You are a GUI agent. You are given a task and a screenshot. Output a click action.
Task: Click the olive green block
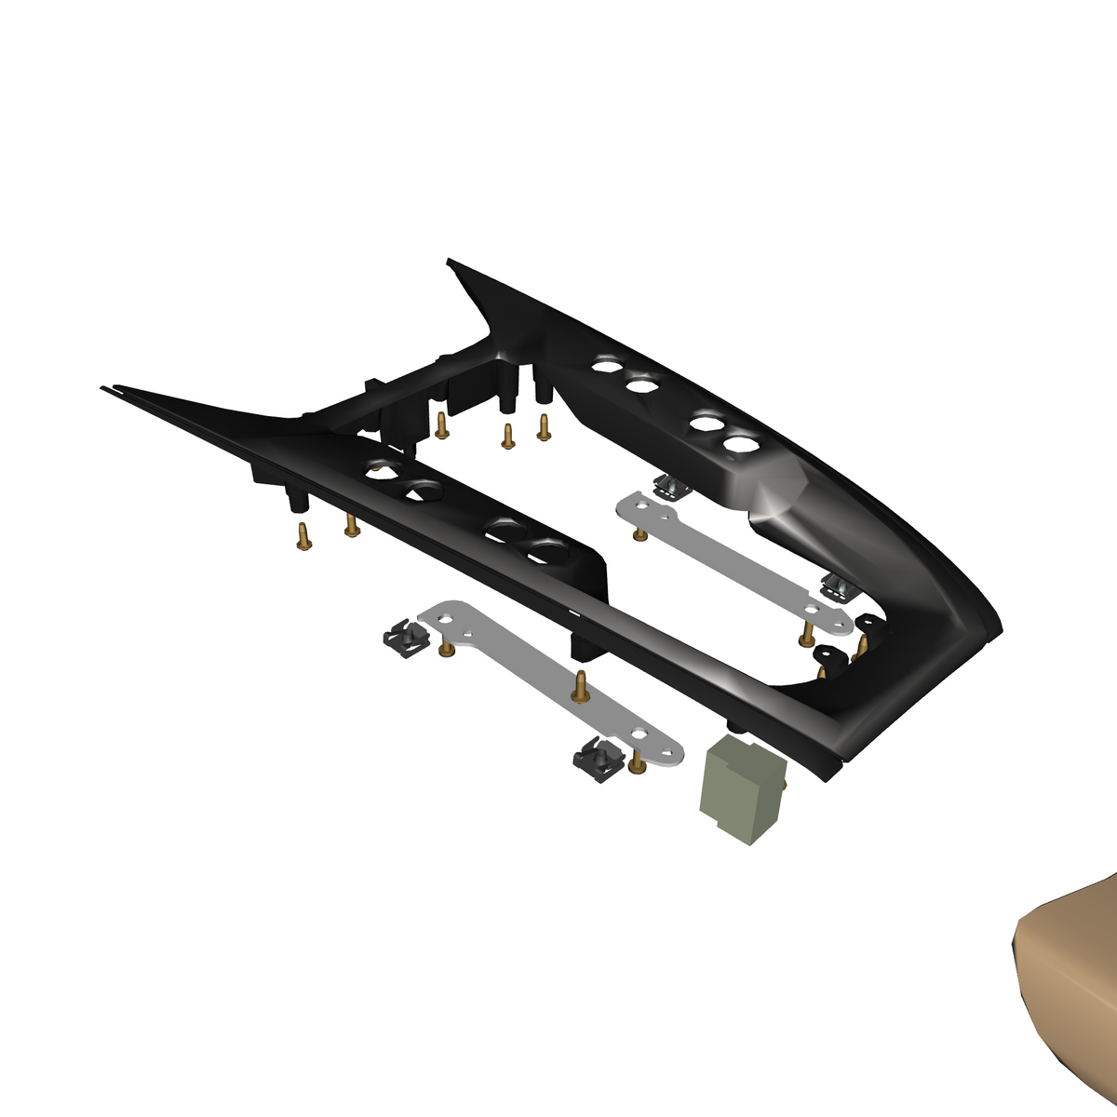click(741, 787)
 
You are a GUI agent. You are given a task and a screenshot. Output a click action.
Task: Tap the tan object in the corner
click(1070, 996)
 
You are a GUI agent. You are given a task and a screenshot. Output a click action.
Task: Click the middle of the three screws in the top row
click(507, 435)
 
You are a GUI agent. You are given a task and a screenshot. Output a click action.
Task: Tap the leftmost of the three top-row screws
click(442, 424)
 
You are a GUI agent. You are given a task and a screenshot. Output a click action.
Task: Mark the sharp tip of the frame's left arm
click(104, 388)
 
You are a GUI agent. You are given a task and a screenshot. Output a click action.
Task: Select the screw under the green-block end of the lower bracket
click(637, 763)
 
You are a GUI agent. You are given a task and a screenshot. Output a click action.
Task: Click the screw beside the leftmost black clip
click(446, 647)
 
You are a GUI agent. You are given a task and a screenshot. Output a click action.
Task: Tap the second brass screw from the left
click(351, 526)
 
